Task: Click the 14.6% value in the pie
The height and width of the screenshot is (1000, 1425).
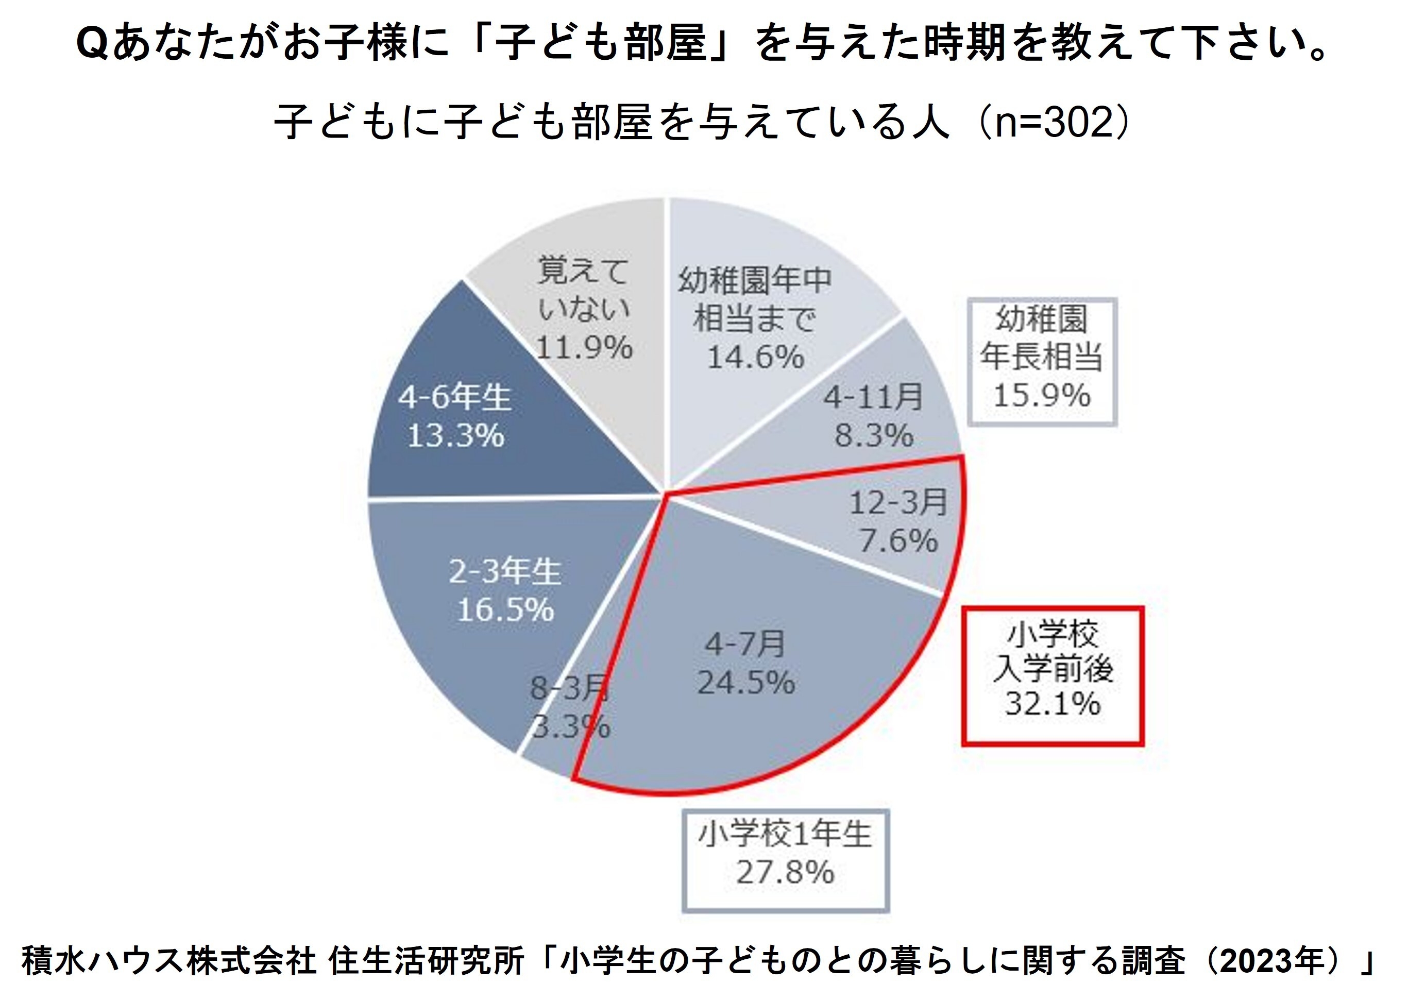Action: point(755,358)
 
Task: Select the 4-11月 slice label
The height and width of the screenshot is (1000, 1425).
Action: point(873,397)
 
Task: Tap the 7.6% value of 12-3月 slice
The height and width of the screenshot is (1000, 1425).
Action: point(898,540)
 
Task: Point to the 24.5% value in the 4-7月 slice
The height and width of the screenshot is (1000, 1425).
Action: point(746,683)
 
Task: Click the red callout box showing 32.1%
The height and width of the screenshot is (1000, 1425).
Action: point(1053,676)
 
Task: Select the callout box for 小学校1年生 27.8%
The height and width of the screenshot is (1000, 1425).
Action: point(785,860)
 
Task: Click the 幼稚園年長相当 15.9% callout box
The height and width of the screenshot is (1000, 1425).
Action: point(1042,362)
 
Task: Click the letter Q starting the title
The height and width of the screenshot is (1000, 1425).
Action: point(92,45)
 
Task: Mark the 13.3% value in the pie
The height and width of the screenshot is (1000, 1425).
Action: point(455,436)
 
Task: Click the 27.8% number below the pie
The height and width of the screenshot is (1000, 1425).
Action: point(785,873)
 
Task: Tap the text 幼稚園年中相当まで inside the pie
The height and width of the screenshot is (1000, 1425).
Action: point(755,299)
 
